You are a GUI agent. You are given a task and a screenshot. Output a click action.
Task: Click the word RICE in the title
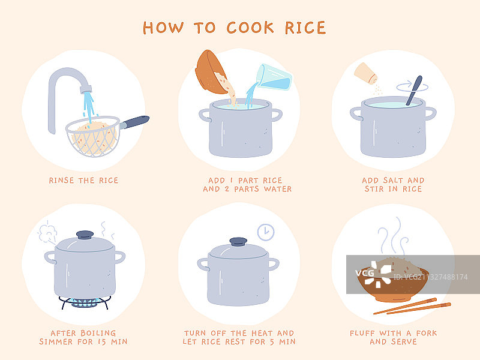[305, 28]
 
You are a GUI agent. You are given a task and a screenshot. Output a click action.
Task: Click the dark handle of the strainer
[134, 122]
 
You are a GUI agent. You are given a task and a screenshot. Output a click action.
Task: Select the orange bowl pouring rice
[211, 72]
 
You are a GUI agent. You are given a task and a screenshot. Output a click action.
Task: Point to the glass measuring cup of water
[274, 77]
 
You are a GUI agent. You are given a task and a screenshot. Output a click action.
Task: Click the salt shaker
[366, 73]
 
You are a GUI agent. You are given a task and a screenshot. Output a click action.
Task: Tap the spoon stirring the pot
[414, 91]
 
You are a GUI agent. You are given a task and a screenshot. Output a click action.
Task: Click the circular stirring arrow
[412, 87]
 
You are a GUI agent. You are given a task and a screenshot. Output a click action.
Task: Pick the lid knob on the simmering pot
[85, 235]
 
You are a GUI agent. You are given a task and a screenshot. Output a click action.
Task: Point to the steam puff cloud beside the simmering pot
[47, 232]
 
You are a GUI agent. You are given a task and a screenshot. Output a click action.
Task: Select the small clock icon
[266, 232]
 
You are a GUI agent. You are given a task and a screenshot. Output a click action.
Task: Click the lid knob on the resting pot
[238, 242]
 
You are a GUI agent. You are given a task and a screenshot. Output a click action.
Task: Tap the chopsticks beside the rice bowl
[412, 306]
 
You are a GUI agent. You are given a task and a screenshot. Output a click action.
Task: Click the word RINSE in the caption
[61, 181]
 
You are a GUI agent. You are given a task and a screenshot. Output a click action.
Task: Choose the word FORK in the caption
[427, 333]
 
